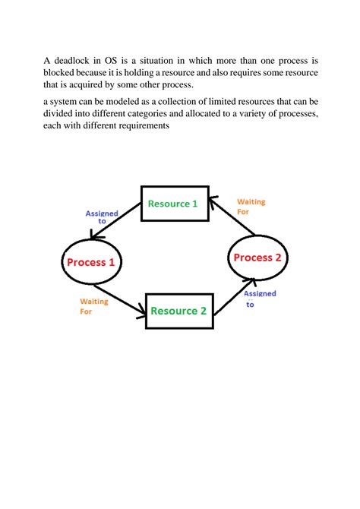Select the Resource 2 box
178,310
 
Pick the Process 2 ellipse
257,258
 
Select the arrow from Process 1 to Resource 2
121,300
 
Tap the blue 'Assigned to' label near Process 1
101,217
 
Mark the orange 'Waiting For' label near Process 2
251,207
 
